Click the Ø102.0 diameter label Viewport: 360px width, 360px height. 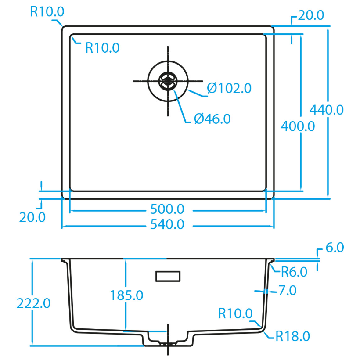coord(229,88)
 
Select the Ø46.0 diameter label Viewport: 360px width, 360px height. coord(212,119)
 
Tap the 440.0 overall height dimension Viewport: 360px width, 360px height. coord(327,110)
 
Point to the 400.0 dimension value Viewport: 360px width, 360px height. coord(298,126)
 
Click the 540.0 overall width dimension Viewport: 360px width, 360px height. coord(167,225)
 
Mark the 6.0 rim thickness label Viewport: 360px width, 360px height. coord(335,248)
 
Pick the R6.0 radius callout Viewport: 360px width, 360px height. coord(294,272)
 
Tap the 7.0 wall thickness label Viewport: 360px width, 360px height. coord(288,290)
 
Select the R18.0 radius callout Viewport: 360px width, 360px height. coord(293,336)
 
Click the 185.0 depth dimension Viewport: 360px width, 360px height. coord(126,295)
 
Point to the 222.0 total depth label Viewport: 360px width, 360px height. coord(33,303)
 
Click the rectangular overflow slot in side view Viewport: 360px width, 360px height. coord(168,276)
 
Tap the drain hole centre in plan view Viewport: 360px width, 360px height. coord(168,81)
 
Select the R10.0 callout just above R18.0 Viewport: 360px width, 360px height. coord(235,313)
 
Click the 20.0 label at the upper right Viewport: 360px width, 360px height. coord(311,16)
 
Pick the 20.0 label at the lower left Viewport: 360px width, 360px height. coord(32,216)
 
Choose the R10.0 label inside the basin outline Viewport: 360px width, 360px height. coord(102,47)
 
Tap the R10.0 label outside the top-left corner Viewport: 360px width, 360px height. coord(47,11)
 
